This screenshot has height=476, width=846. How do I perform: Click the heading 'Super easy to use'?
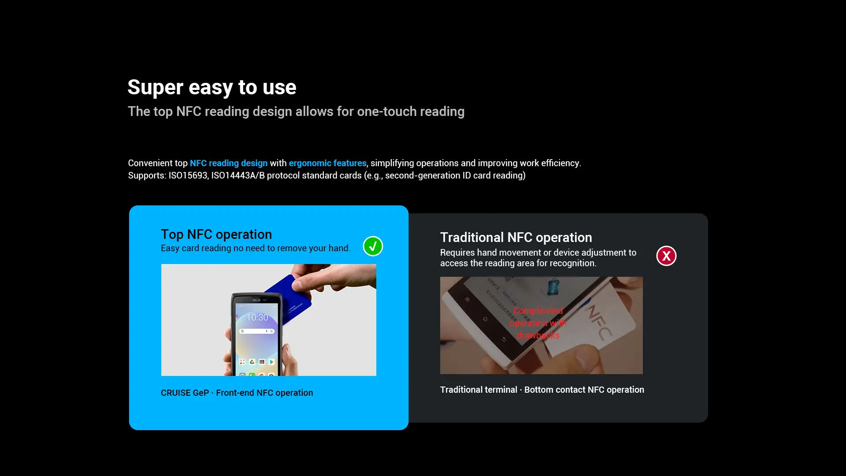coord(212,87)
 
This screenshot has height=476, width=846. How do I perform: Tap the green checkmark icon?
coord(373,246)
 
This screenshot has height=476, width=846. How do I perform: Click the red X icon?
coord(666,256)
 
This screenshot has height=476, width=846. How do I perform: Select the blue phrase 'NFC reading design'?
coord(229,163)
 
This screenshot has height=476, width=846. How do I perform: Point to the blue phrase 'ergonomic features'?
coord(327,163)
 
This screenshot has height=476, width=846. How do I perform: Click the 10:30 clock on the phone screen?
coord(257,317)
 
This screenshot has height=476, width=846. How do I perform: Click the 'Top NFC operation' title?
coord(216,234)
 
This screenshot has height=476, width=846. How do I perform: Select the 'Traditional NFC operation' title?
coord(516,237)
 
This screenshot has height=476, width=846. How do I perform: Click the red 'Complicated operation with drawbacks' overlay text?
coord(538,323)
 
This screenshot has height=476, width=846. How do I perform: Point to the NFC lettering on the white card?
coord(599,321)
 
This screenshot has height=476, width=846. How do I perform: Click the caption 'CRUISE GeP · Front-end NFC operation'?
coord(237,393)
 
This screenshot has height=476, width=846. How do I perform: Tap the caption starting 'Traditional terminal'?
coord(542,390)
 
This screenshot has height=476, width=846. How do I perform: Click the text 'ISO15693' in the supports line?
coord(188,175)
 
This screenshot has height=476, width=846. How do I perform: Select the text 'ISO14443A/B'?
coord(238,175)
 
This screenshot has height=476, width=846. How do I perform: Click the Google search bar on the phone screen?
coord(257,331)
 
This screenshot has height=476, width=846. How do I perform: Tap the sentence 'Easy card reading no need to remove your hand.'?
coord(256,248)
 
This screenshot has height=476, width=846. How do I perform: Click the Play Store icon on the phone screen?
coord(271,362)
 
